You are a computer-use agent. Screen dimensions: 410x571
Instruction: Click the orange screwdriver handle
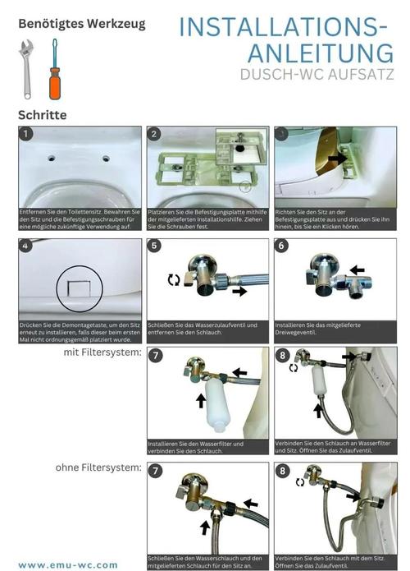coord(54,84)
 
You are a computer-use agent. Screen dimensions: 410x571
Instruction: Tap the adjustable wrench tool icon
coord(26,69)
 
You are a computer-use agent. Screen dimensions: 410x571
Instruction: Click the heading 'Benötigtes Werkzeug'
coord(82,24)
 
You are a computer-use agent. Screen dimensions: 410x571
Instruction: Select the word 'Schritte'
coord(42,115)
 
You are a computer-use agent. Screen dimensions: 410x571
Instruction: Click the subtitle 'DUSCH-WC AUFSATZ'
coord(317,74)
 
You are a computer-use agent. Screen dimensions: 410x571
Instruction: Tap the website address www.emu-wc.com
coord(68,565)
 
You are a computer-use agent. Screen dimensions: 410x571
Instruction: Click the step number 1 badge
coord(25,134)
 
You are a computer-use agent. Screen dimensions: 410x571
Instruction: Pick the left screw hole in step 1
coord(52,159)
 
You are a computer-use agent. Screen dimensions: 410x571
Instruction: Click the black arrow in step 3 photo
coord(338,158)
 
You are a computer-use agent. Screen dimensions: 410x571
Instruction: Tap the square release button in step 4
coord(80,288)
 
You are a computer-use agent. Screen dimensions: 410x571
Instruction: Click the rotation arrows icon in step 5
coord(174,279)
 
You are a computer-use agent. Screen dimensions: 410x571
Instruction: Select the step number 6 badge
coord(281,246)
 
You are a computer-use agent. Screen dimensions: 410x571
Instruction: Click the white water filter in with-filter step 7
coord(217,405)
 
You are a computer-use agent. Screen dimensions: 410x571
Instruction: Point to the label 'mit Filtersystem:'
coord(102,352)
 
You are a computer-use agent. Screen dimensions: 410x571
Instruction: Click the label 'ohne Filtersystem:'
coord(98,467)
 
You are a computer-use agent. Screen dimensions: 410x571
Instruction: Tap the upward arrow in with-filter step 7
coord(201,400)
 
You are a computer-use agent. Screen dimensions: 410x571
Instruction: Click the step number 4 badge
coord(25,246)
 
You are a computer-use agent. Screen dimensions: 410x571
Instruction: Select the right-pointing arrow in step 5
coord(240,291)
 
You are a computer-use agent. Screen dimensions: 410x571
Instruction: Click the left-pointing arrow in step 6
coord(358,269)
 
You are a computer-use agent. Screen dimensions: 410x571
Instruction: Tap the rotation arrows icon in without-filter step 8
coord(300,482)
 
